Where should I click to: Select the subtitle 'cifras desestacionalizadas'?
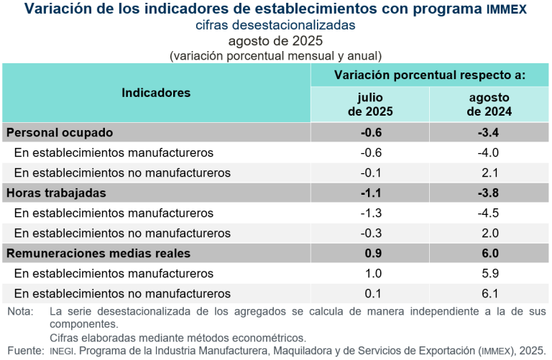click(275, 24)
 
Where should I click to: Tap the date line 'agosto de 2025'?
click(275, 40)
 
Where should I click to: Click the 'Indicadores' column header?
click(156, 93)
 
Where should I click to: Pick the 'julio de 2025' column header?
click(370, 104)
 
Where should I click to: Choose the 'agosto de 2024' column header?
click(489, 104)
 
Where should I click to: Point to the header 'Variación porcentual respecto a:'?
click(430, 75)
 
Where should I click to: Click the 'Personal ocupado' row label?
click(60, 132)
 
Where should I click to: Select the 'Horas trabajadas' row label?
click(56, 193)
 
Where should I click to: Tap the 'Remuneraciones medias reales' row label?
click(98, 253)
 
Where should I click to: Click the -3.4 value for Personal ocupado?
click(489, 132)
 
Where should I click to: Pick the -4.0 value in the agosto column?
click(489, 152)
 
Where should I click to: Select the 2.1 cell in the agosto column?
click(489, 172)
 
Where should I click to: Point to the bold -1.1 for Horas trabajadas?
click(370, 193)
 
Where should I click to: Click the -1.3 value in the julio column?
click(370, 213)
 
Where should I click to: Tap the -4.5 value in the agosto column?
click(489, 213)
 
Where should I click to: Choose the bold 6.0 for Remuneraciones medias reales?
click(489, 253)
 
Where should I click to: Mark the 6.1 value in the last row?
click(489, 293)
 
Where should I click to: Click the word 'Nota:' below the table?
click(20, 312)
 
